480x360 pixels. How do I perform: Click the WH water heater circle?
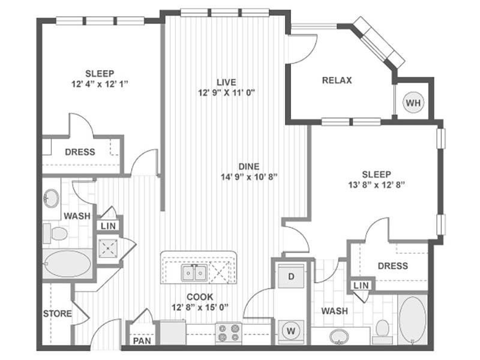point(413,103)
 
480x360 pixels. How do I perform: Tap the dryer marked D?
point(291,277)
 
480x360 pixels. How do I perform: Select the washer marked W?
point(291,331)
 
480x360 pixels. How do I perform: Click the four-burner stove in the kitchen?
point(229,333)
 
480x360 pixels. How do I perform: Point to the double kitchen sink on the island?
point(194,273)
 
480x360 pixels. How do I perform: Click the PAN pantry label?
point(142,340)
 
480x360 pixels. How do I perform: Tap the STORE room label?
point(57,313)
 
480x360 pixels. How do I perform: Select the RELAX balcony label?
point(337,80)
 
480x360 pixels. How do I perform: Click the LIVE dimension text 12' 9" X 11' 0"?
point(227,92)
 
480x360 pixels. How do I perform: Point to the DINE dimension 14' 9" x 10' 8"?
point(249,176)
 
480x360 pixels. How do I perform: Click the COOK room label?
point(200,296)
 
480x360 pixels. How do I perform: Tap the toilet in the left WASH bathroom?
point(55,233)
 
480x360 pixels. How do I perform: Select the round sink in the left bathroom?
point(51,198)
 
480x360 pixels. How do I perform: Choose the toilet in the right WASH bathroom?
point(382,331)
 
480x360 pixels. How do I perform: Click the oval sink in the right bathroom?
point(339,337)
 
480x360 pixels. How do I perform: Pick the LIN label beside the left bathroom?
point(109,226)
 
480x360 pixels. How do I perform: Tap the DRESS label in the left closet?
point(80,152)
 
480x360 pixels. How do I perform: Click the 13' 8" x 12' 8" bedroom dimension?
point(377,185)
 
